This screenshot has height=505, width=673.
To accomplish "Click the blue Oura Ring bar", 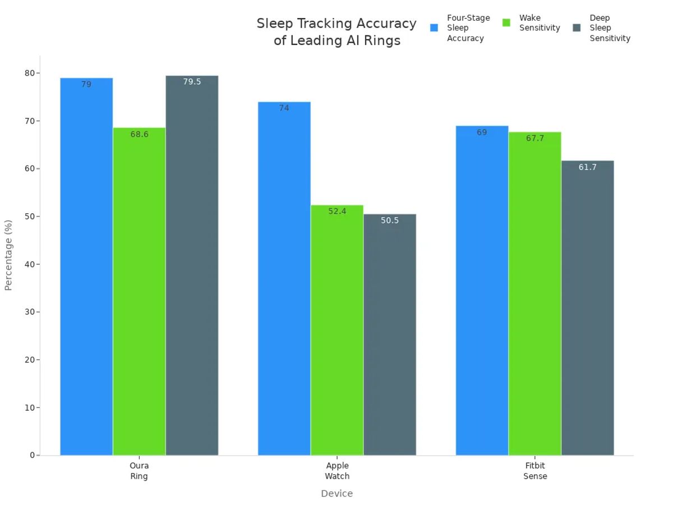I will click(x=86, y=267).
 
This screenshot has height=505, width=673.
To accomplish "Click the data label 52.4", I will click(x=337, y=212).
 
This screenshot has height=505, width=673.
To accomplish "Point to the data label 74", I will click(x=284, y=108).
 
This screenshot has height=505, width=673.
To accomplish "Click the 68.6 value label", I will click(x=139, y=135).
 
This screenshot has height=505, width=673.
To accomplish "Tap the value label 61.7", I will click(x=587, y=167).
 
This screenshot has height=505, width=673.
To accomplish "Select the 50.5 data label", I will click(x=390, y=221).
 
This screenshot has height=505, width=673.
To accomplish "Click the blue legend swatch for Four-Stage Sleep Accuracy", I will click(x=434, y=27).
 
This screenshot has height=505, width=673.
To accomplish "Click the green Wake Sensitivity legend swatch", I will click(x=506, y=23).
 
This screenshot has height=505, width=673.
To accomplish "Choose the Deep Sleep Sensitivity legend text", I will click(x=610, y=28).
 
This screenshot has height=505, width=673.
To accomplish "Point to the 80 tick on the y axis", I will click(x=29, y=73).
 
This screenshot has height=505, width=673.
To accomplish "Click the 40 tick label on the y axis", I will click(x=29, y=264).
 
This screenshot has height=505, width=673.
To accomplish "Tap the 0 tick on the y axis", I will click(x=32, y=455).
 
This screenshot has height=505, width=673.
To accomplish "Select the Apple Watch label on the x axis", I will click(x=337, y=471).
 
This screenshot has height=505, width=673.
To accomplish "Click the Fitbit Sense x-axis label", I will click(x=534, y=471).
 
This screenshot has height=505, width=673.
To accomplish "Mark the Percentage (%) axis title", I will click(x=8, y=255).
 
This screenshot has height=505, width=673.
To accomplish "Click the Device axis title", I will click(x=336, y=494).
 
